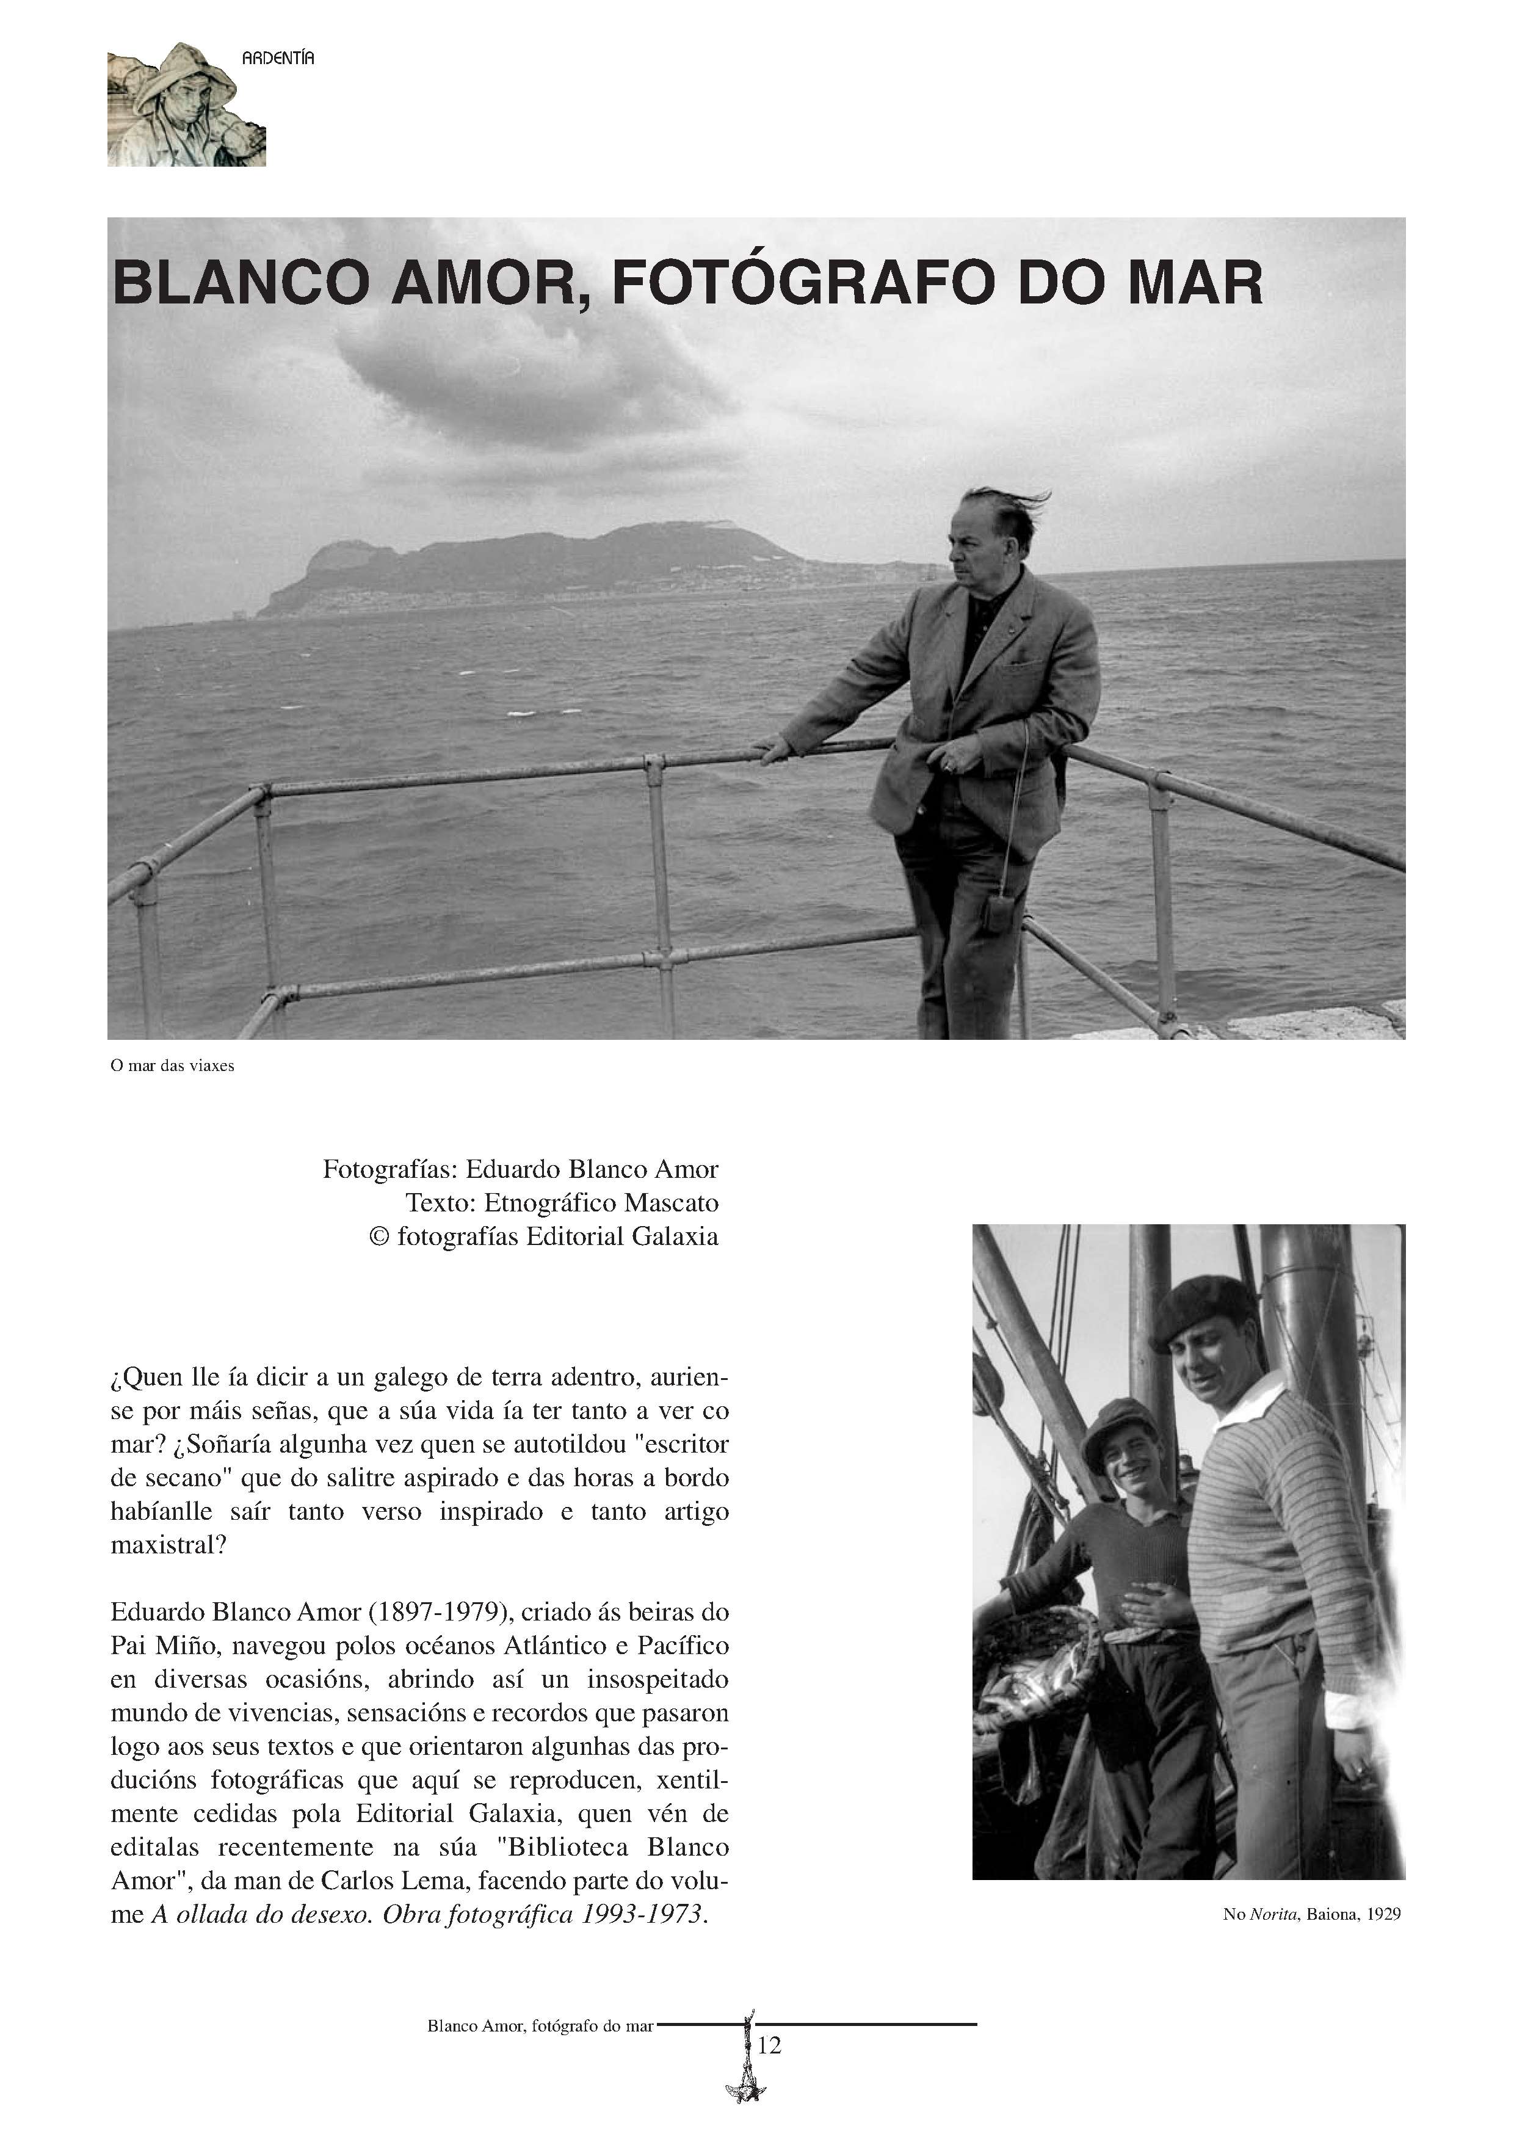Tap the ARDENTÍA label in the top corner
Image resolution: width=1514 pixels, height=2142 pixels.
[x=278, y=59]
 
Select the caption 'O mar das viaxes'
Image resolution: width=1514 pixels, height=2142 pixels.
[x=172, y=1066]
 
